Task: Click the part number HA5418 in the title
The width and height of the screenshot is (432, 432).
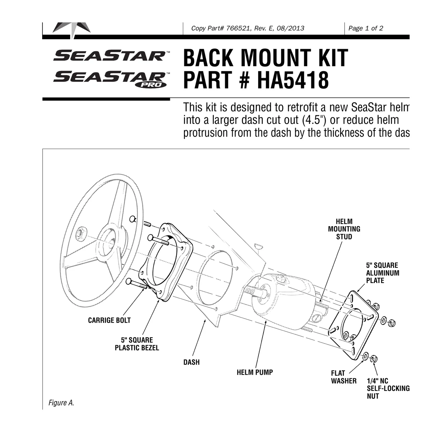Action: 293,80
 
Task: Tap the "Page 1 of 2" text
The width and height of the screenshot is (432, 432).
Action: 366,28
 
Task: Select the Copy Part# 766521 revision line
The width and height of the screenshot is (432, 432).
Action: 248,28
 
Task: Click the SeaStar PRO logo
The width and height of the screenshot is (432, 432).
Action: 111,79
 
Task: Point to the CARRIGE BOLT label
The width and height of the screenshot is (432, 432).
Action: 109,320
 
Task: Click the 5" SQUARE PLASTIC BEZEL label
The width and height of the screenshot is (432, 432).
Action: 137,344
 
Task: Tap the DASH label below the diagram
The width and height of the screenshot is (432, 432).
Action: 192,362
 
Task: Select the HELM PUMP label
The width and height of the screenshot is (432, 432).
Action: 255,372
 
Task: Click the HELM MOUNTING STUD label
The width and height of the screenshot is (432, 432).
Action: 344,229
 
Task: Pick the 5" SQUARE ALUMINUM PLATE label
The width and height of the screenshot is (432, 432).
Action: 383,273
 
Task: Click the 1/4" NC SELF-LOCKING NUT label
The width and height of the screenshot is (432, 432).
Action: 388,388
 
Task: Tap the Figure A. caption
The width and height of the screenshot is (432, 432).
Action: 61,403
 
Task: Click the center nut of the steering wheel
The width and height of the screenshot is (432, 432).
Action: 80,234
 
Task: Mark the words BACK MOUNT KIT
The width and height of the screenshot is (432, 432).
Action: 266,58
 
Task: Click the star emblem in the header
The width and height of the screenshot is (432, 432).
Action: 72,30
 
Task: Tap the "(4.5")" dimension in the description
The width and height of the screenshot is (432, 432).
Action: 315,120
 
